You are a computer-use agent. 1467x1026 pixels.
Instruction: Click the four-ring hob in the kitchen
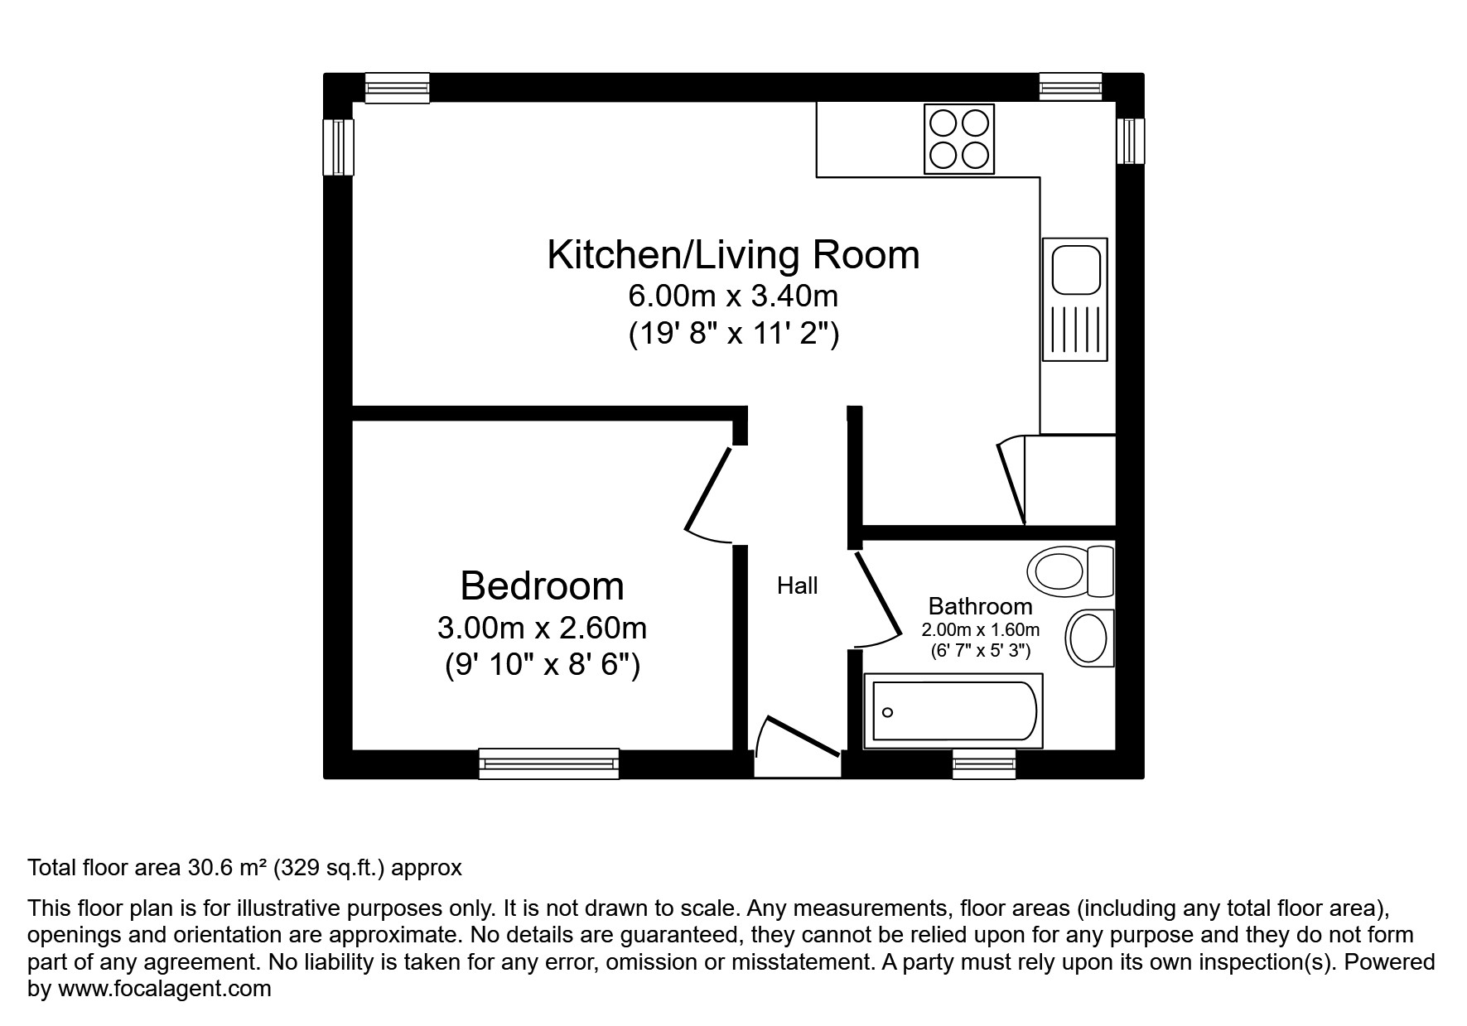tap(958, 139)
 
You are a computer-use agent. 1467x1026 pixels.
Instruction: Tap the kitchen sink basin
tap(1075, 268)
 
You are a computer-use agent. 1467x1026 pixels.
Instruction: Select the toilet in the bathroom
tap(1069, 571)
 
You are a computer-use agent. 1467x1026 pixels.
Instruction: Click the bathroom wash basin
tap(1089, 638)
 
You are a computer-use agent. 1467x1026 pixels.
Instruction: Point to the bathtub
tap(953, 711)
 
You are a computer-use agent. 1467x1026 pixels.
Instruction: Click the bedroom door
tap(708, 489)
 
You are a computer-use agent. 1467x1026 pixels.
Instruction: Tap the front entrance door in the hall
tap(801, 735)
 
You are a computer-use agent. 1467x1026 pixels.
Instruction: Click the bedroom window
tap(548, 763)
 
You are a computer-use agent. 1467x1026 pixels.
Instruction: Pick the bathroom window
tap(983, 763)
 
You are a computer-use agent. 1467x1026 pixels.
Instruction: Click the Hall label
tap(797, 586)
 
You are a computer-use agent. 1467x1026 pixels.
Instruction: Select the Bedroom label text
tap(542, 585)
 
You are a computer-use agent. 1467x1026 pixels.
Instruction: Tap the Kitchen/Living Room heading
tap(733, 254)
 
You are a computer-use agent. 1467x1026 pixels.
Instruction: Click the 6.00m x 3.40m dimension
tap(733, 296)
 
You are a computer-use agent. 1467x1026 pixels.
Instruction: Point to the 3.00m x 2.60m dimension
tap(542, 628)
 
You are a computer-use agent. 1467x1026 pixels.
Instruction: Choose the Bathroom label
tap(980, 606)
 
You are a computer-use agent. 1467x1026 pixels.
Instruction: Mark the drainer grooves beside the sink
tap(1075, 330)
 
